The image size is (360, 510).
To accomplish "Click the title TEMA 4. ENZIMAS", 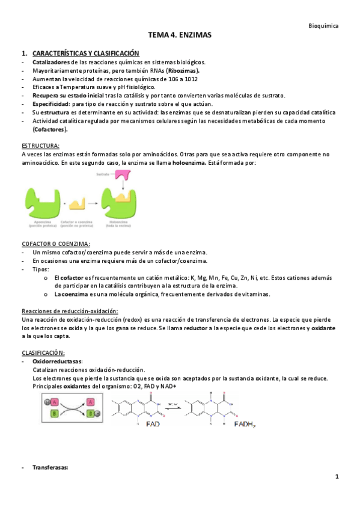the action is click(x=180, y=36).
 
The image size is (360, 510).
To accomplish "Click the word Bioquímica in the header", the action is click(x=323, y=26).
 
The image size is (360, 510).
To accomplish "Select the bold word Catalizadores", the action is click(x=51, y=62).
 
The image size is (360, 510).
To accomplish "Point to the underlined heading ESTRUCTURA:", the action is click(x=40, y=146).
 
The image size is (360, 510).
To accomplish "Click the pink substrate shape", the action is click(x=123, y=177).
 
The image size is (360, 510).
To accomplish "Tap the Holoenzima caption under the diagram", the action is click(x=118, y=226).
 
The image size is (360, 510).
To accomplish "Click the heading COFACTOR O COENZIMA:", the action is click(x=56, y=244).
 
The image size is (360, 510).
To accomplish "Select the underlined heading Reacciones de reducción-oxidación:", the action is click(x=70, y=310).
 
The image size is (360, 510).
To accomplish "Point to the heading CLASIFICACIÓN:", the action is click(x=43, y=352).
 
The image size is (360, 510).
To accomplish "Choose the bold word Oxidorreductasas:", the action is click(x=58, y=361).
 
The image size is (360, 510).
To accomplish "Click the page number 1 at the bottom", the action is click(x=338, y=477).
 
